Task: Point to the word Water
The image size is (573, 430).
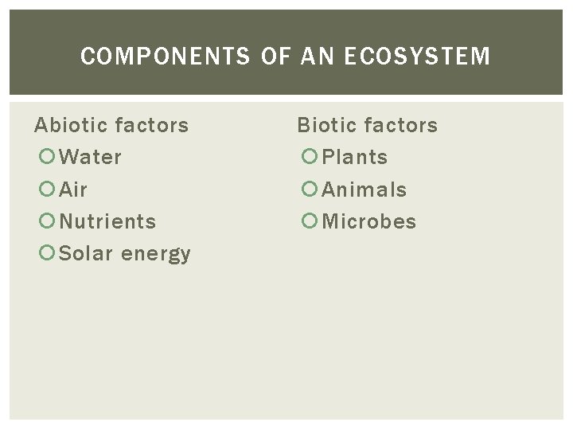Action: (91, 158)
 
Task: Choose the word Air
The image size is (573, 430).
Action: (74, 190)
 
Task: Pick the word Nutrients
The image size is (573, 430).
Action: (108, 221)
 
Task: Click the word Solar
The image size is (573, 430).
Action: (88, 254)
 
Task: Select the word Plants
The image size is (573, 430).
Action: (355, 158)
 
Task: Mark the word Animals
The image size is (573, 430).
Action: (364, 190)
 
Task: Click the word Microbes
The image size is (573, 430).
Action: (369, 221)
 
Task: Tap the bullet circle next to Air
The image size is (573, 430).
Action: (46, 190)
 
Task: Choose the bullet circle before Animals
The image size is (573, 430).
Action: (309, 190)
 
